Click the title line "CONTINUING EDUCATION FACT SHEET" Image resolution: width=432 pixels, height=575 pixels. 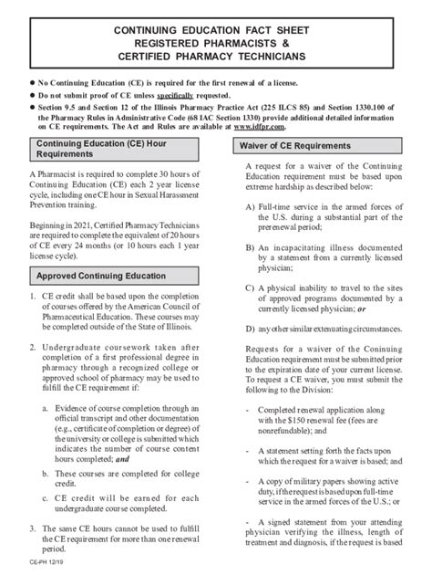click(216, 30)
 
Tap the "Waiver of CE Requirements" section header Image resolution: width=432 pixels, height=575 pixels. click(296, 147)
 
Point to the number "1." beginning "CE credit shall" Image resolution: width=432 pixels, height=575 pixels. click(35, 298)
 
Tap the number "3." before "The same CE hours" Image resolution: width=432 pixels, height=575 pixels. click(35, 529)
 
